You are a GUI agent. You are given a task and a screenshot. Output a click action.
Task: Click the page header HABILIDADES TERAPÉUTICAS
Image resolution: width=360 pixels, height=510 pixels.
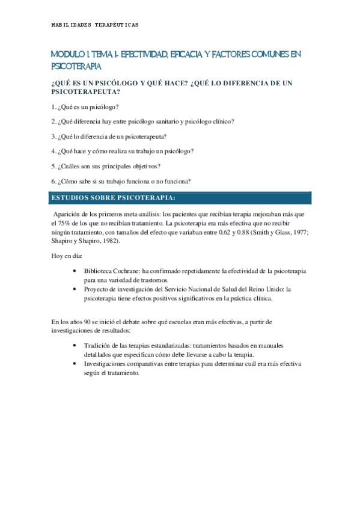95,25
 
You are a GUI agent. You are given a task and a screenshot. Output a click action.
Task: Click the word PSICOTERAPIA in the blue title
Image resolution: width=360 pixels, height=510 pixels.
77,66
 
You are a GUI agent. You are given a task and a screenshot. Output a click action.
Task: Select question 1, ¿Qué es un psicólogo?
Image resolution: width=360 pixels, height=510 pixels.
85,106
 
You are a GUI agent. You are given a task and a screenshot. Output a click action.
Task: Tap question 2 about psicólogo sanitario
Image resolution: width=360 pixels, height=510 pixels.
143,121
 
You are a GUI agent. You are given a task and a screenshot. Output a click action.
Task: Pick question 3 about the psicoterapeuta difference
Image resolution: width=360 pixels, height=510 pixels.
109,136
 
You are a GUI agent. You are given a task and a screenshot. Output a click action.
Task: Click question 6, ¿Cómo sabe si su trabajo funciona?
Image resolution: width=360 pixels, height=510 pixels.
121,180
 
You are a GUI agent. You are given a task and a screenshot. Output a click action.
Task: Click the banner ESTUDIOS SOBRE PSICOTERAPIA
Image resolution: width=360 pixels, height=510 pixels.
114,197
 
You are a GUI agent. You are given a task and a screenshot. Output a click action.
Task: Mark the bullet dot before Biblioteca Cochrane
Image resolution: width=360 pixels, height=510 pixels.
74,271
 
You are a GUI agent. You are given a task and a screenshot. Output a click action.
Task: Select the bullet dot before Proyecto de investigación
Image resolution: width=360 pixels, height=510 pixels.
74,289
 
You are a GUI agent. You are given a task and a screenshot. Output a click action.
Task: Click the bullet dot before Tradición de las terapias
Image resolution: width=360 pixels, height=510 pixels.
74,346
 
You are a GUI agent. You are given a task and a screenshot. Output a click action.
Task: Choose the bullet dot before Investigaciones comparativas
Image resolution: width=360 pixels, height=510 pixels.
74,364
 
